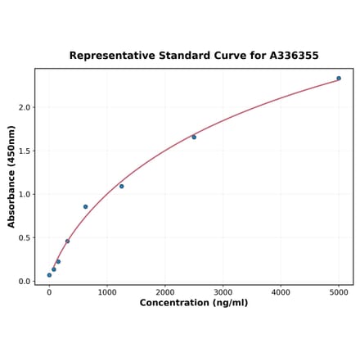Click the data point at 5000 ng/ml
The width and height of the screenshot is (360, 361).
point(339,79)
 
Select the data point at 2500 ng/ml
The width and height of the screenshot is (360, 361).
point(194,137)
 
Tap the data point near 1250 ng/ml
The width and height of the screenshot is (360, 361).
point(121,186)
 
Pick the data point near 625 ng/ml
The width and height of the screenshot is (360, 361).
point(85,206)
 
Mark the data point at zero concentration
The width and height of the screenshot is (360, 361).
point(49,275)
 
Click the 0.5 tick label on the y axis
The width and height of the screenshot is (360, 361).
point(25,238)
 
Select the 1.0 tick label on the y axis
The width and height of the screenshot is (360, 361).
point(25,195)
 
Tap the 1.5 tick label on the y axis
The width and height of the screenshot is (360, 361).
point(25,151)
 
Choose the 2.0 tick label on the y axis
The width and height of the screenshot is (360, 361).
point(25,107)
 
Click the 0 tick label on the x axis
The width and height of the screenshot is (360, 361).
point(49,292)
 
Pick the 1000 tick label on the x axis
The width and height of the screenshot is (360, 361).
point(107,292)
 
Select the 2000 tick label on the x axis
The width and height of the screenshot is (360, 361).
point(165,292)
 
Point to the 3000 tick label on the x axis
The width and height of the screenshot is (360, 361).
point(223,292)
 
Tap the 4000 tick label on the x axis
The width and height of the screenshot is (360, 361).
point(281,292)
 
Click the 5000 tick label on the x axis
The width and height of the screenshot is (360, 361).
point(339,292)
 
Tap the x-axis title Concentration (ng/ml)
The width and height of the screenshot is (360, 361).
point(194,303)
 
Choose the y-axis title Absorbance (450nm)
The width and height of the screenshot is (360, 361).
point(11,176)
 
